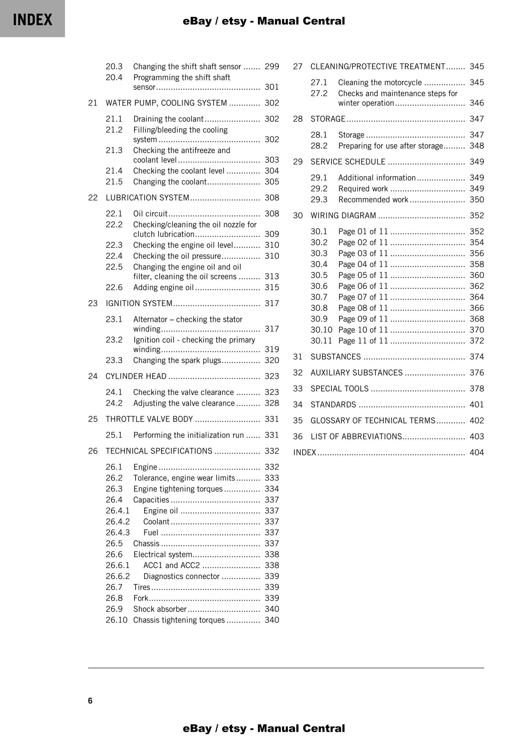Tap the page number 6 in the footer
tap(90, 701)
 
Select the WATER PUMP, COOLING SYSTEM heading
tap(166, 103)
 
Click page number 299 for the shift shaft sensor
tap(271, 67)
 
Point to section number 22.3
tap(114, 245)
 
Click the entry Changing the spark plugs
tap(177, 361)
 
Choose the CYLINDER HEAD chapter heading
tap(136, 376)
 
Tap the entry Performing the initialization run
tap(188, 435)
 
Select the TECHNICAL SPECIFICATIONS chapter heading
tap(159, 451)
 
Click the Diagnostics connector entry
tap(181, 576)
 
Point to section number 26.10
tap(116, 620)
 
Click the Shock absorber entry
tap(160, 609)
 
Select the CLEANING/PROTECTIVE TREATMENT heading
tap(377, 67)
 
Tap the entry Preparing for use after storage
tap(390, 146)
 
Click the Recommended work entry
tap(373, 200)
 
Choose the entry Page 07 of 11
tap(362, 297)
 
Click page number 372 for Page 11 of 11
tap(476, 341)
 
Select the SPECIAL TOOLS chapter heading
tap(339, 389)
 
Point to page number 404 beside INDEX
tap(476, 453)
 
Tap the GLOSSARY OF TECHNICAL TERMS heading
tap(373, 421)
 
